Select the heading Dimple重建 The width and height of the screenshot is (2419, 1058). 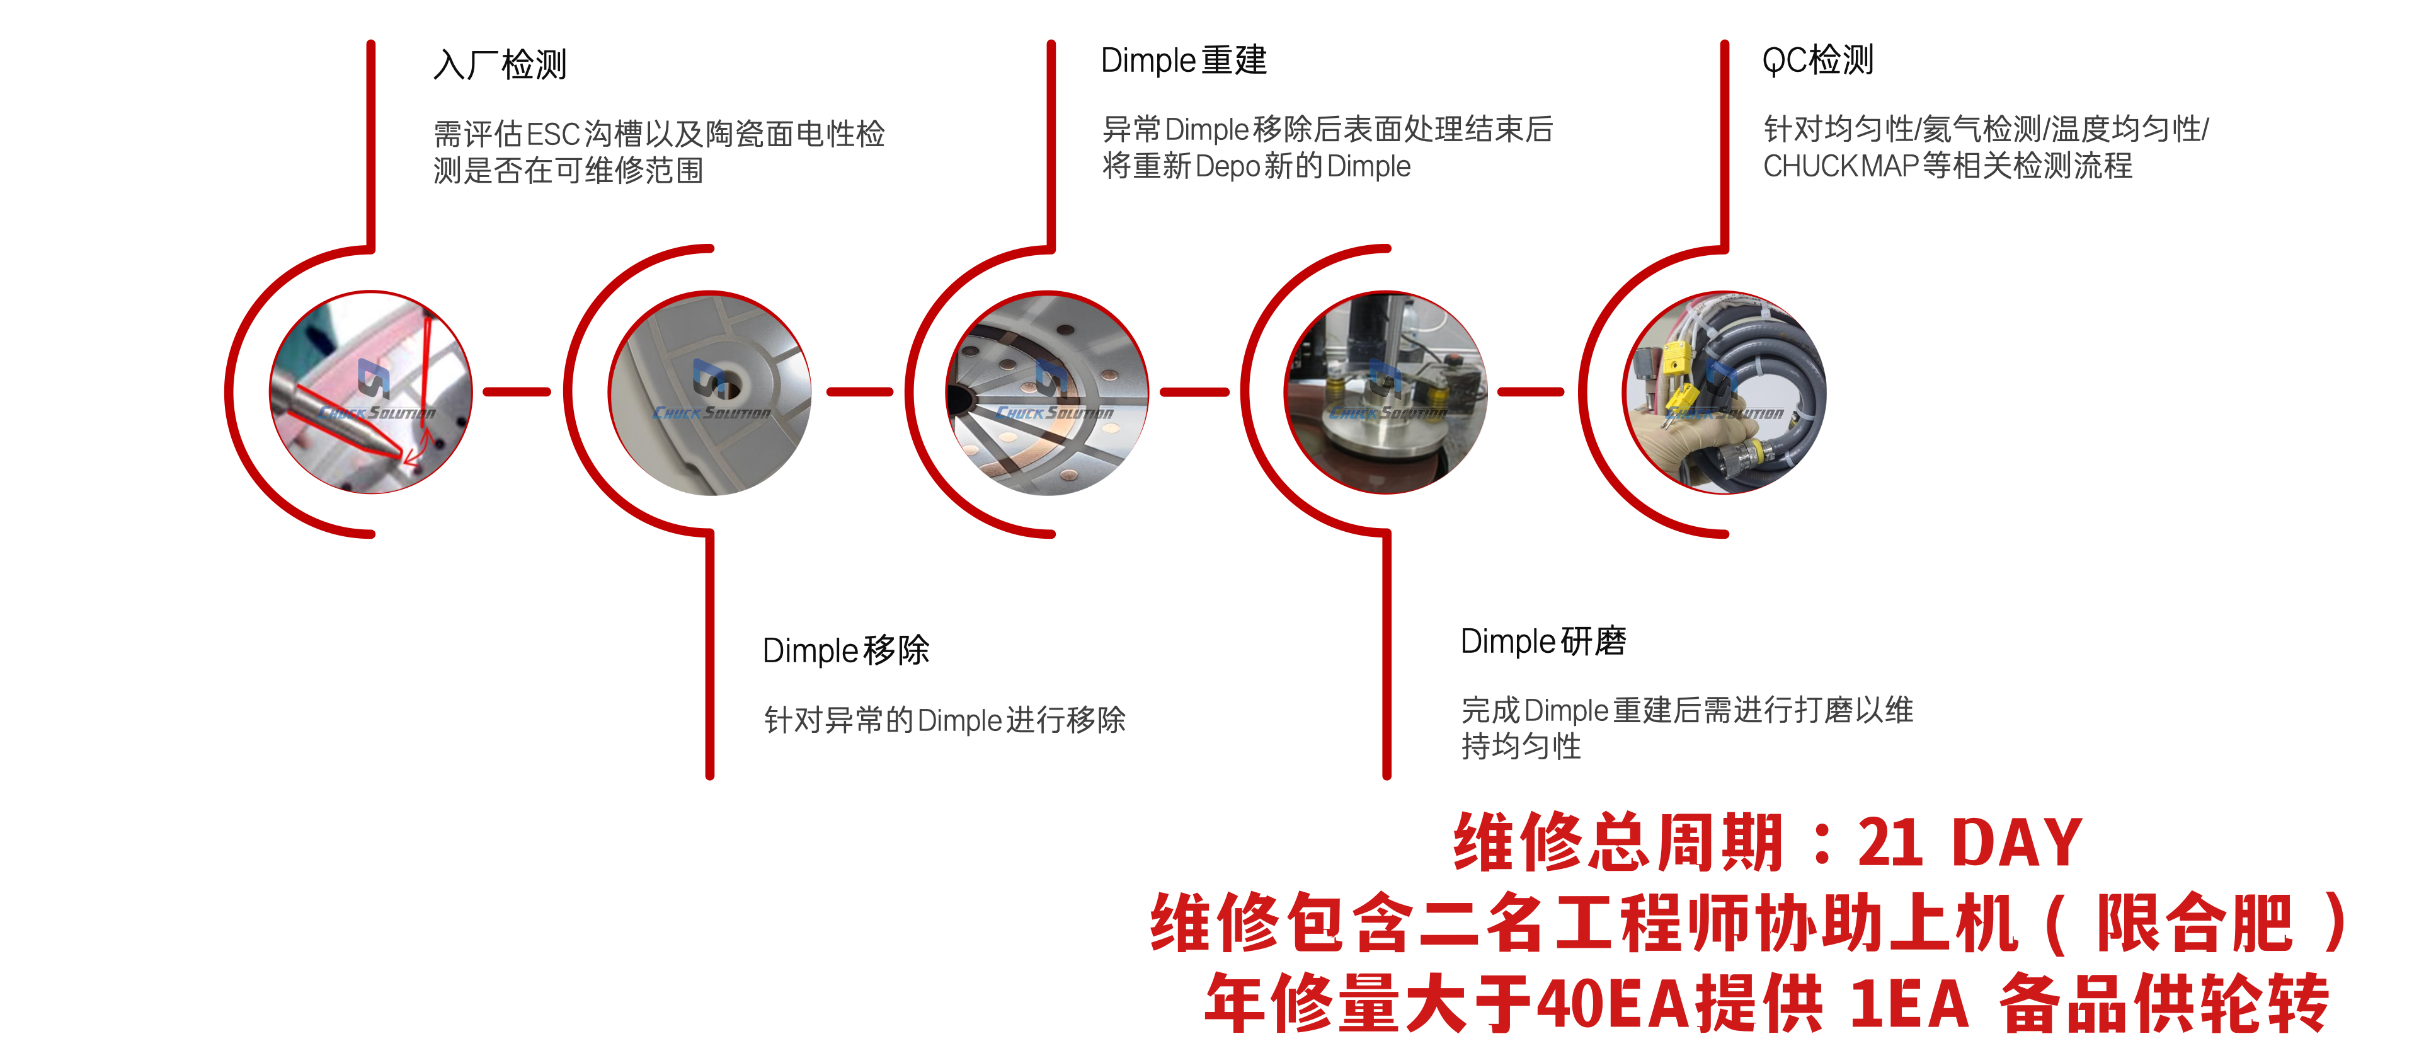click(x=1183, y=60)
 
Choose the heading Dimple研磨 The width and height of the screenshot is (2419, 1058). click(x=1543, y=641)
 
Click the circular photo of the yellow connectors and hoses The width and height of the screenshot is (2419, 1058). click(x=1724, y=392)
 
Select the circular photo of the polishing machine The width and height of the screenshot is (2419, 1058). click(x=1386, y=392)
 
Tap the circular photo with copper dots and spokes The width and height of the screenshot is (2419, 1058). click(x=1047, y=392)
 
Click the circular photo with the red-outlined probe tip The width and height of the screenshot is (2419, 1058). click(x=371, y=392)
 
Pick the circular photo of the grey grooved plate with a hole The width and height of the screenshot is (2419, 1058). click(x=710, y=392)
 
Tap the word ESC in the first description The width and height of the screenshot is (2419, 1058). click(x=553, y=134)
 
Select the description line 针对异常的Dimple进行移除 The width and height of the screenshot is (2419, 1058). click(x=945, y=720)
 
